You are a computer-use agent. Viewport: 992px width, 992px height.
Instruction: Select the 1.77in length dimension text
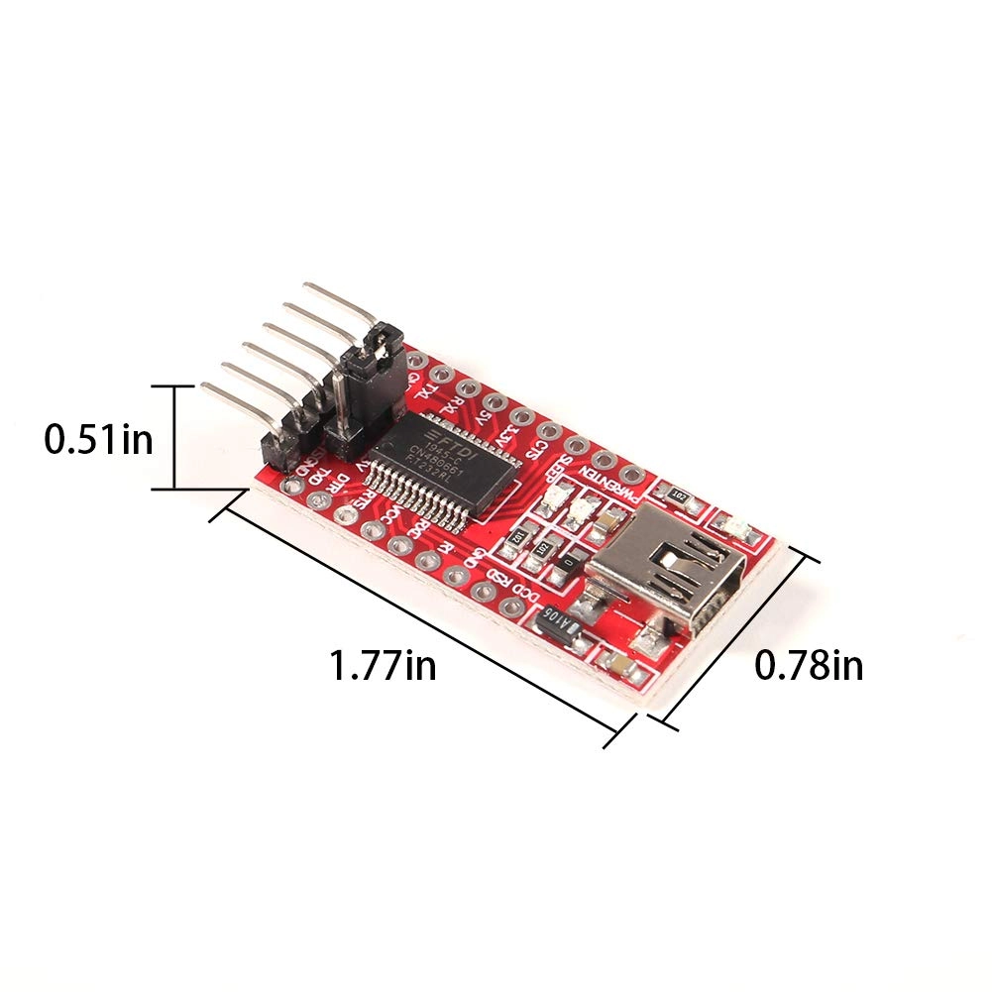(383, 665)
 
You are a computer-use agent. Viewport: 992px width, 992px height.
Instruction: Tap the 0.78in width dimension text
(809, 666)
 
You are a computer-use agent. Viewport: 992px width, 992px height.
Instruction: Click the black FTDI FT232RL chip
(451, 460)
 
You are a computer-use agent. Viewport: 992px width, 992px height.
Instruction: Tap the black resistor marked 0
(567, 561)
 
